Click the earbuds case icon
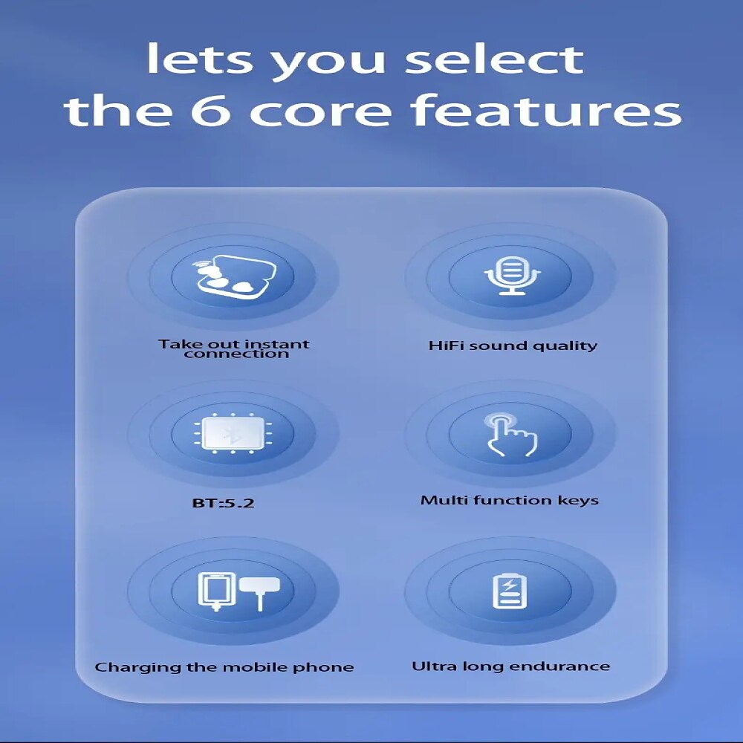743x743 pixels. click(233, 276)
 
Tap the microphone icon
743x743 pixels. click(511, 276)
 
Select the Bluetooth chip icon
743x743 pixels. click(233, 433)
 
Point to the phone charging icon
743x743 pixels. click(239, 591)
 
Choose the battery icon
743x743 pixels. click(510, 591)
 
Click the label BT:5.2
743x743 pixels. click(223, 502)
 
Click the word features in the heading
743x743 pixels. click(545, 110)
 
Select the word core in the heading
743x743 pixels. click(319, 113)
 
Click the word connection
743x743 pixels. click(236, 354)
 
